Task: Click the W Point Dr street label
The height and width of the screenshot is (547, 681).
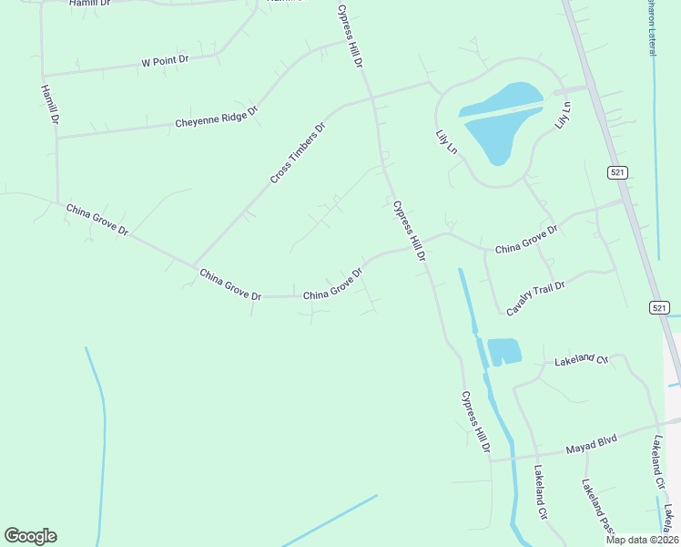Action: [165, 60]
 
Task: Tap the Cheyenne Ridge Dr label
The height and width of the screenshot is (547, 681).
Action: [217, 117]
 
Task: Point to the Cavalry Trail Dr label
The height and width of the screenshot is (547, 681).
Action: [536, 298]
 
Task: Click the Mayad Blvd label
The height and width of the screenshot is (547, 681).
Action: [592, 444]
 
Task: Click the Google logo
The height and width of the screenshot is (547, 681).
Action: [30, 536]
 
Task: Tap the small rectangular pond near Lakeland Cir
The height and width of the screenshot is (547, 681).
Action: [503, 352]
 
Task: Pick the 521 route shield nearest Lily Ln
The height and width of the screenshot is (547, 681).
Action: [617, 172]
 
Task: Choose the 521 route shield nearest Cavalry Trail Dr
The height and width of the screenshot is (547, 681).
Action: [660, 308]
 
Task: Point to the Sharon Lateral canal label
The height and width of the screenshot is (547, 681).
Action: [651, 27]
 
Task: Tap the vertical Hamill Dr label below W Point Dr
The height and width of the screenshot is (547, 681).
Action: [49, 104]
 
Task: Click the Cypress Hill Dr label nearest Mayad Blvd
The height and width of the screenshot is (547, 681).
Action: [475, 423]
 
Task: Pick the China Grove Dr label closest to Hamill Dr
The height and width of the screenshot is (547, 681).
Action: [97, 220]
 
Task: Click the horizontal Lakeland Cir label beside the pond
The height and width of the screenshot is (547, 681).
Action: [581, 361]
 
